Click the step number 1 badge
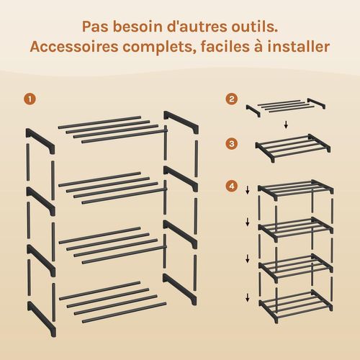[x=29, y=99]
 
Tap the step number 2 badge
[x=231, y=99]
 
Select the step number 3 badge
[x=231, y=143]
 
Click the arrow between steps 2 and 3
[x=286, y=125]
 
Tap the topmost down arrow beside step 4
[x=248, y=190]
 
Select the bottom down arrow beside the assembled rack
[x=248, y=295]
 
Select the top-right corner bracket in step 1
[x=179, y=120]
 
